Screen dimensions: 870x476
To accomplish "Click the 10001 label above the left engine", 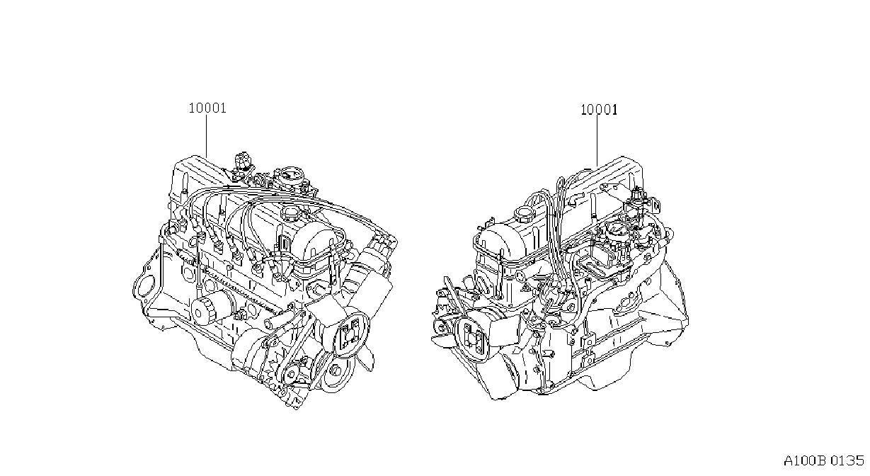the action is [207, 108].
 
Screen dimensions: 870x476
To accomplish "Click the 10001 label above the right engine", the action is [599, 110].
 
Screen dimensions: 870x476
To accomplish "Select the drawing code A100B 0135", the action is [824, 461].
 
